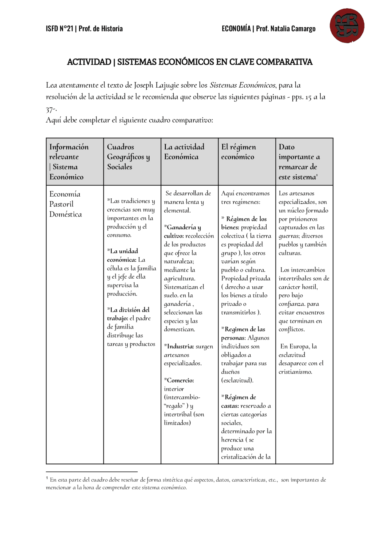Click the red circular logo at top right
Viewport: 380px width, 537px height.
click(x=347, y=26)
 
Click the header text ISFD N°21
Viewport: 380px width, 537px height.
click(x=59, y=29)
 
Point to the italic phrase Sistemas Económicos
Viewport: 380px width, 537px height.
click(x=243, y=85)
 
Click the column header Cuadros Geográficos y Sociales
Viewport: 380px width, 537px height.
click(x=128, y=157)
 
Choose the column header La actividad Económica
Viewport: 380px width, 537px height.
click(x=184, y=152)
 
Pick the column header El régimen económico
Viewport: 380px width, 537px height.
click(x=238, y=152)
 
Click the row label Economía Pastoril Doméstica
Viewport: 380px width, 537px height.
click(x=65, y=204)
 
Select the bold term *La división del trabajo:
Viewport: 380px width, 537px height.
click(x=128, y=314)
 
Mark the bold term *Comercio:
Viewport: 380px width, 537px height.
click(x=179, y=380)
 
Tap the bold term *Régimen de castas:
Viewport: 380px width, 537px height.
click(x=238, y=401)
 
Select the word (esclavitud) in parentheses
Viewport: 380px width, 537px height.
click(x=237, y=380)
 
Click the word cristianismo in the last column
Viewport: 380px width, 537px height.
click(x=295, y=372)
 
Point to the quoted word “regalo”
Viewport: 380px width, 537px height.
click(x=175, y=406)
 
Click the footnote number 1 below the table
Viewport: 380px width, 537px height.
click(x=47, y=478)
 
